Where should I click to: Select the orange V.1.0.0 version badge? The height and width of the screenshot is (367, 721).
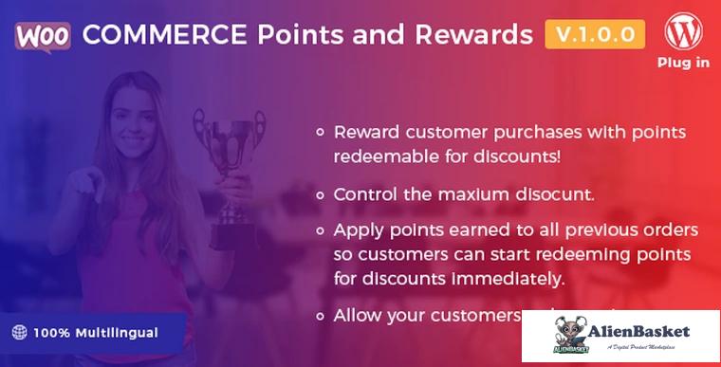click(x=595, y=34)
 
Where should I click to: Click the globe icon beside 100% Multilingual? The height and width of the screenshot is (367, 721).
click(x=19, y=333)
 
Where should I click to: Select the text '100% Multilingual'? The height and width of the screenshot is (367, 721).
click(x=96, y=333)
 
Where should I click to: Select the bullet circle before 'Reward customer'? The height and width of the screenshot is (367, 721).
click(x=321, y=133)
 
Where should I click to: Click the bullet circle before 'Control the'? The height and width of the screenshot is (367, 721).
click(x=321, y=193)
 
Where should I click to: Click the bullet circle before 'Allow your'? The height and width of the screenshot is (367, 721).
click(x=321, y=315)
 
